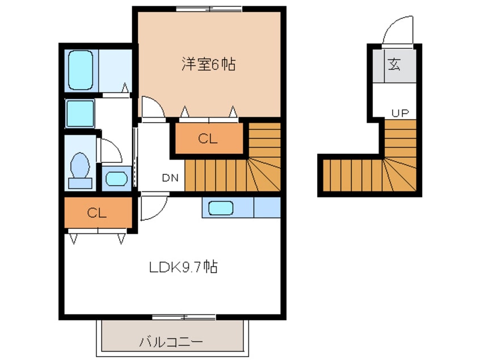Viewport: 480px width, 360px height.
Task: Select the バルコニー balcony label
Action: [x=171, y=342]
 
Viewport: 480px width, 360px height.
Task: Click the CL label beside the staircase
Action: [x=208, y=139]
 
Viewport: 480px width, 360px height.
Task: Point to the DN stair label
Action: [x=170, y=178]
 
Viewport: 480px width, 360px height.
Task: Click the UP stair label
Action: [x=399, y=113]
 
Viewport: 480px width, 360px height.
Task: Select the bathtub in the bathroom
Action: [x=80, y=70]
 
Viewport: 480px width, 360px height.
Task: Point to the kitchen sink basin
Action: [x=221, y=208]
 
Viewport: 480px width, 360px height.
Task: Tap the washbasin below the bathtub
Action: [x=79, y=113]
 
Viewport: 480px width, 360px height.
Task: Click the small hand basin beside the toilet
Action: [x=116, y=178]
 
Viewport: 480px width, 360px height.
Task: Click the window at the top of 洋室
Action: [x=209, y=9]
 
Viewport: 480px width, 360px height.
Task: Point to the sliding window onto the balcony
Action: [x=183, y=316]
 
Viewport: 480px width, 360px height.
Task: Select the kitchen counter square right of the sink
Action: [x=267, y=208]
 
